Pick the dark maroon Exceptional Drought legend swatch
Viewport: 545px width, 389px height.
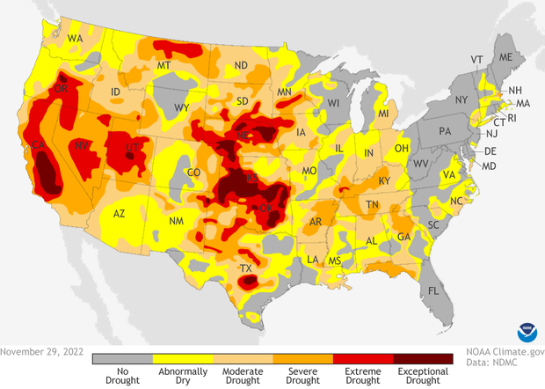point(423,359)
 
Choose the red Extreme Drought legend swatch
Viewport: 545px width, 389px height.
point(363,359)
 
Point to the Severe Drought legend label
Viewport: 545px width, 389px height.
point(302,377)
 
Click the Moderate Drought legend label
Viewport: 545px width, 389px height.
point(243,377)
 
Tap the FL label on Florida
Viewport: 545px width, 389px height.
point(432,290)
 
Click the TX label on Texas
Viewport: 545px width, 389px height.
point(247,268)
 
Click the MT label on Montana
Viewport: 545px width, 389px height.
point(163,66)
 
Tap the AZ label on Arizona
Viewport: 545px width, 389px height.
point(120,214)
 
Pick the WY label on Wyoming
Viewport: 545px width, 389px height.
point(182,107)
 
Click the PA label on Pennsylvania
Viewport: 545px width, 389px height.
point(444,130)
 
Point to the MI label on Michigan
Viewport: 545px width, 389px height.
point(383,114)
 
